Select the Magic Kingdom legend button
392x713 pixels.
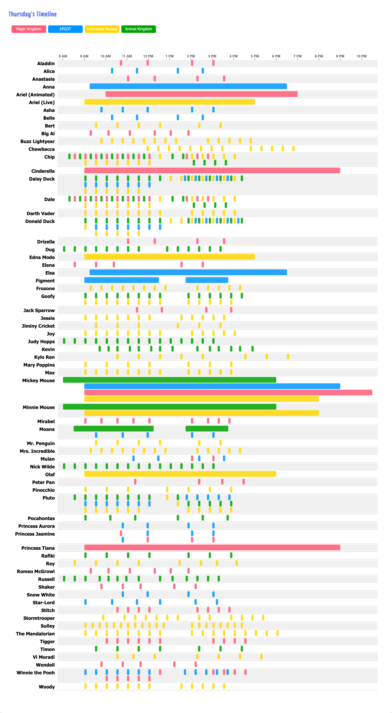[29, 29]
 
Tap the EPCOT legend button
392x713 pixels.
[65, 29]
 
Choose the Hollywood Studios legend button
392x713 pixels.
[102, 29]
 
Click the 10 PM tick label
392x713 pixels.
[361, 56]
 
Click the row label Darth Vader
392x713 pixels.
[41, 213]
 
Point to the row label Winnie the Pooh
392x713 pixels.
[36, 673]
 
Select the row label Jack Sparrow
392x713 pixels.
[39, 310]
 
